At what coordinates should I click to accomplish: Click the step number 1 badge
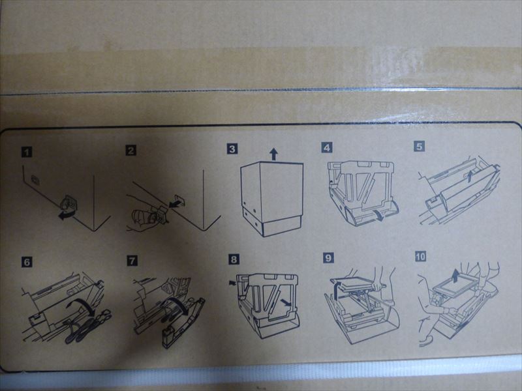point(27,152)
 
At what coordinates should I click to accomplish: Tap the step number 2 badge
point(131,151)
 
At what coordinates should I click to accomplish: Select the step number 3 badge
point(232,149)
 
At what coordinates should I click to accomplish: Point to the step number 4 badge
point(327,147)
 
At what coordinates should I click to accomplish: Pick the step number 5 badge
point(420,146)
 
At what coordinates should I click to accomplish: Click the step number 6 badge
point(27,262)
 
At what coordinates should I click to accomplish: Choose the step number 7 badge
point(132,260)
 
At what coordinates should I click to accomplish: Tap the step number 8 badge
point(234,259)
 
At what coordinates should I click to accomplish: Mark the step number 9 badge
point(328,257)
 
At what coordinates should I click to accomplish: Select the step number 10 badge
point(421,256)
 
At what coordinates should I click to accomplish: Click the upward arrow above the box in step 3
point(273,154)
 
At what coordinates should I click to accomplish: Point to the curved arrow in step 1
point(67,215)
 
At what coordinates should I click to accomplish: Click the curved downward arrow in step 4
point(379,215)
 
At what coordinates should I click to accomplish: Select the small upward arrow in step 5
point(469,175)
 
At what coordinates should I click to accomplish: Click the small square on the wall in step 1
point(35,181)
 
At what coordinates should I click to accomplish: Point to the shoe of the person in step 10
point(425,341)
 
